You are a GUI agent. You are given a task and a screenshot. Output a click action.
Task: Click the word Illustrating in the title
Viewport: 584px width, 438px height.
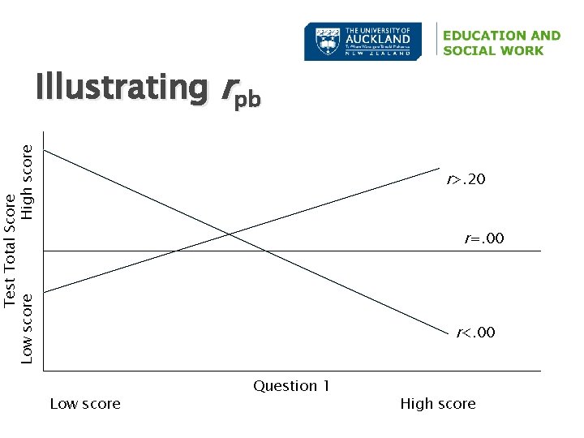121,88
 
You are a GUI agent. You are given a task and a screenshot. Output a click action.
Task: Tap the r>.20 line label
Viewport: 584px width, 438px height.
466,178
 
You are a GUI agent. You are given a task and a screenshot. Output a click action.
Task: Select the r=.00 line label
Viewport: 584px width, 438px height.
483,238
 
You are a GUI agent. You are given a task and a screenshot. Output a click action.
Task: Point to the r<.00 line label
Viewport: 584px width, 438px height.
475,333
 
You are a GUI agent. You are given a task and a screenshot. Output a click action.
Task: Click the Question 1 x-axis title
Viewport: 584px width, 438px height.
291,386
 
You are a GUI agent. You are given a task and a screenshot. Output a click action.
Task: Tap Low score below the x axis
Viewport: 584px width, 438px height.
85,404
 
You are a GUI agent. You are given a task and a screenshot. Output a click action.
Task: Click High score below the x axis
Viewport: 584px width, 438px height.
437,404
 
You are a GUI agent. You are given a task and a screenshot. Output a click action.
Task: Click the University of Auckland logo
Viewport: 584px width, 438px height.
363,41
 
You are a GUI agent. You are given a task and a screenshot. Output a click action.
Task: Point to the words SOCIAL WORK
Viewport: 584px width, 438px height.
493,50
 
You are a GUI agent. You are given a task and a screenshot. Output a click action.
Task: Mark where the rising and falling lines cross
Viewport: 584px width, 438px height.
230,234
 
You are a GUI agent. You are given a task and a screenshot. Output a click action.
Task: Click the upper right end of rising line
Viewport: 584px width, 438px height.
438,169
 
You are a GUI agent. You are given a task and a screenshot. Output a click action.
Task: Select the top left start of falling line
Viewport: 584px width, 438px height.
45,150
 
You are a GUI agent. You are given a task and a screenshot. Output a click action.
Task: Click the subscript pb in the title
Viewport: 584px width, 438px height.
248,100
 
